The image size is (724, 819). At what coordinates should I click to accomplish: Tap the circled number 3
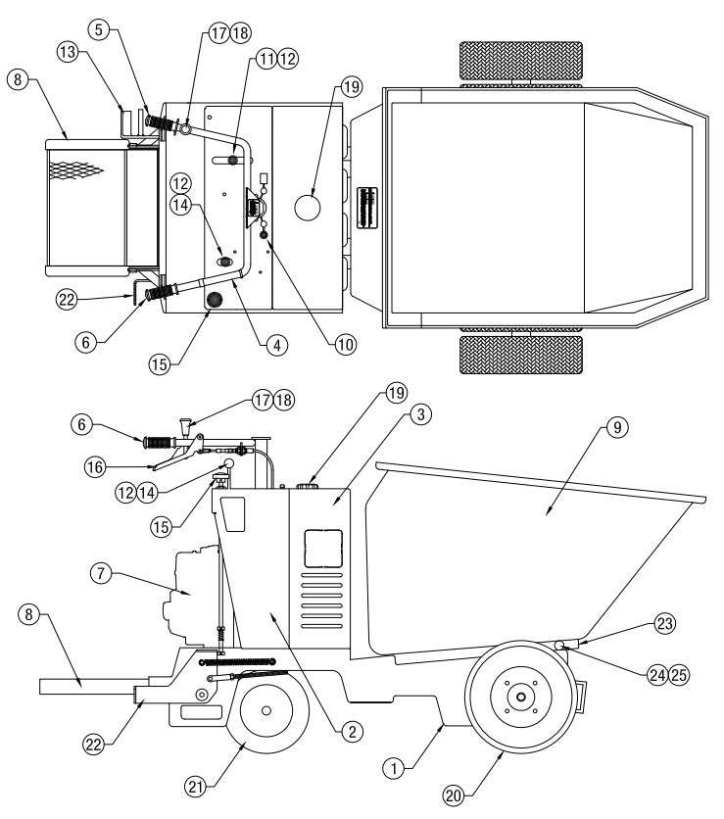[x=418, y=416]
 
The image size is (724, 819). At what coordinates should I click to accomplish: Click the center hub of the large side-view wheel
[x=520, y=698]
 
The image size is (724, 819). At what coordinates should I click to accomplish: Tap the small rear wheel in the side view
[x=265, y=709]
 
